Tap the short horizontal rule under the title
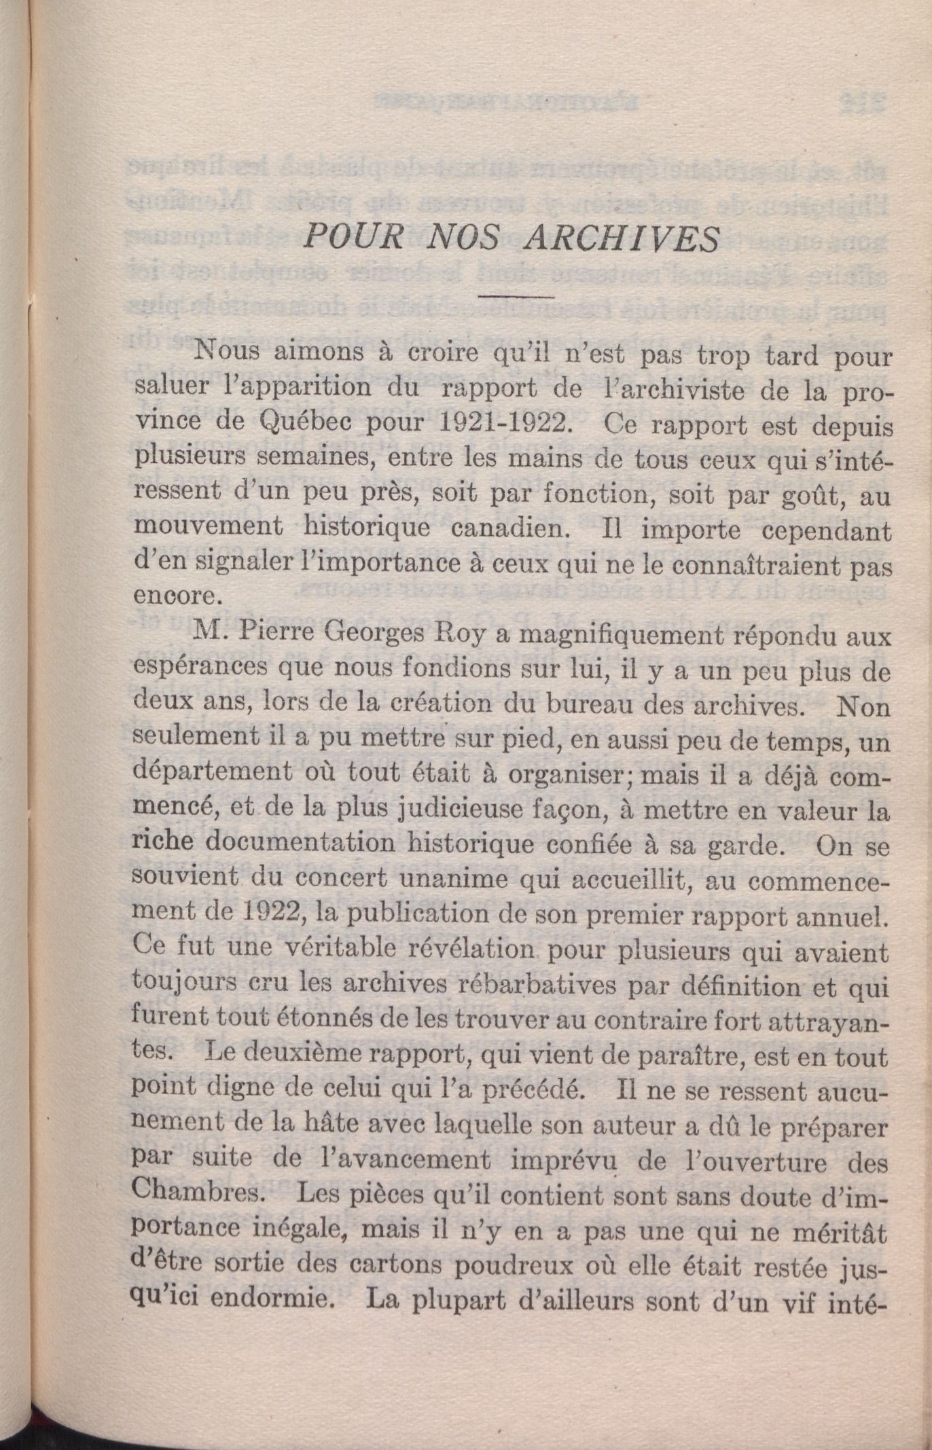(x=517, y=296)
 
